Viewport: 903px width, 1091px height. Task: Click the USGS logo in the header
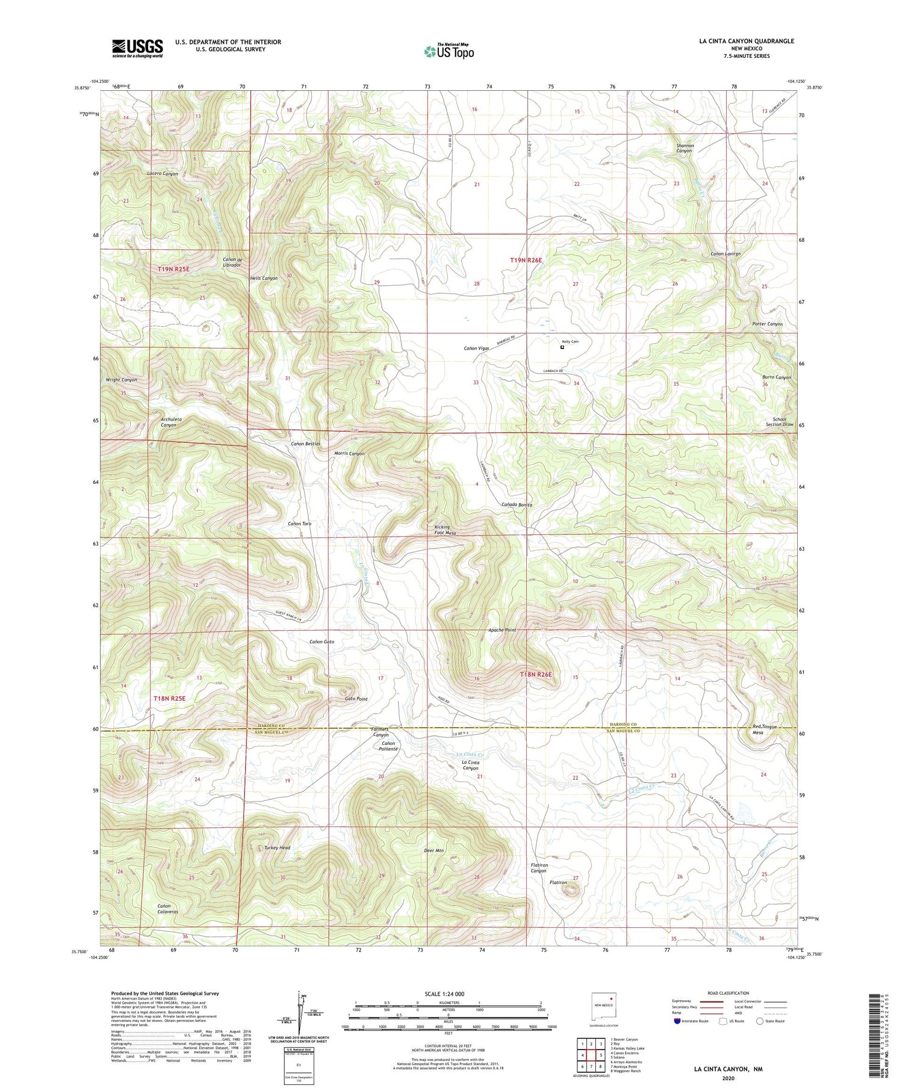pyautogui.click(x=137, y=48)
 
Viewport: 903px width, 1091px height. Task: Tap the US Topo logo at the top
pyautogui.click(x=448, y=51)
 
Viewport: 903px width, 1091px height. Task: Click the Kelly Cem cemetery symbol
pyautogui.click(x=562, y=347)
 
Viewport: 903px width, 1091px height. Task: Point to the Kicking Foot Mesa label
pyautogui.click(x=445, y=530)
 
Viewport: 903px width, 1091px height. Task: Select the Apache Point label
pyautogui.click(x=501, y=630)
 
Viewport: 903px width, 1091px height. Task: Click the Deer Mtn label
pyautogui.click(x=433, y=851)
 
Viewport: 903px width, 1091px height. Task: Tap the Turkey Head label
pyautogui.click(x=277, y=848)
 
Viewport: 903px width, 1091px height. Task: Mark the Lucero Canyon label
pyautogui.click(x=163, y=174)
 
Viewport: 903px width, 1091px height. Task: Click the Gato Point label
pyautogui.click(x=356, y=699)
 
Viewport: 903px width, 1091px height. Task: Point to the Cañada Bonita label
pyautogui.click(x=517, y=505)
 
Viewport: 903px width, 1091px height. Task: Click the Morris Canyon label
pyautogui.click(x=349, y=454)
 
